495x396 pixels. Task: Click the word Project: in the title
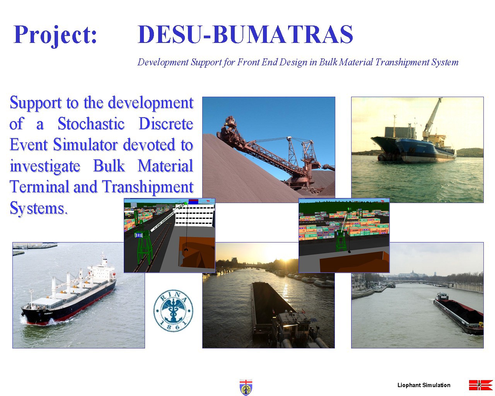pos(55,35)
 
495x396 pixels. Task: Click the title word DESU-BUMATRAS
pos(246,34)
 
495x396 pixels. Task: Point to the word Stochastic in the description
pos(91,124)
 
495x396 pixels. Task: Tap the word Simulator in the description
pos(86,145)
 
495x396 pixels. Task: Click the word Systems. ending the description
pos(39,208)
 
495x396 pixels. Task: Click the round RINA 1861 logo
pos(173,311)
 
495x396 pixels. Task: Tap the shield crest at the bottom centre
pos(246,387)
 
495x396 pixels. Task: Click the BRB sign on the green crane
pos(139,235)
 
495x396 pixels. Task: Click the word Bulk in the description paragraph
pos(109,166)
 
